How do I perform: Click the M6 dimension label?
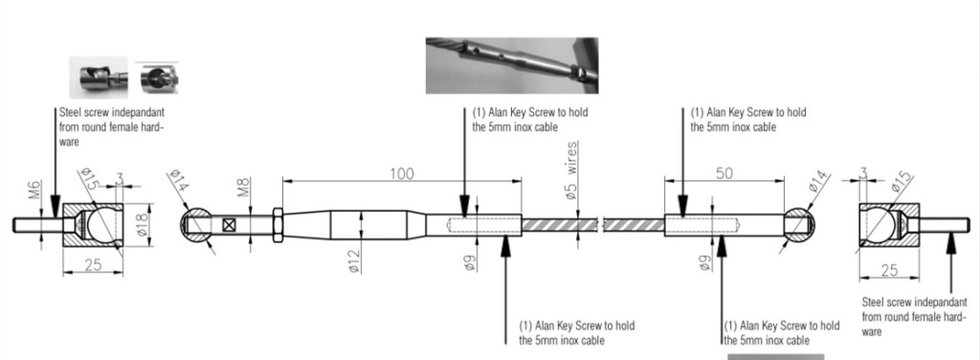pos(34,188)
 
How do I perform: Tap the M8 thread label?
pos(244,188)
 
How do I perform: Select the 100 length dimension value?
pos(401,173)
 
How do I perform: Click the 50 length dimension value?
pos(724,173)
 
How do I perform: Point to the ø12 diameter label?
pos(354,260)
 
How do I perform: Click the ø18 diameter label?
pos(144,224)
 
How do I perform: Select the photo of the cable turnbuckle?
pos(512,66)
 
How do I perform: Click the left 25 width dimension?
pos(93,265)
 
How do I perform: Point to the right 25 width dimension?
pos(888,270)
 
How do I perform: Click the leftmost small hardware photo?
pos(99,78)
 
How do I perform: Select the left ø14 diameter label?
pos(179,181)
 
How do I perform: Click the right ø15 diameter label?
pos(902,181)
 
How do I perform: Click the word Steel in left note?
pos(69,113)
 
